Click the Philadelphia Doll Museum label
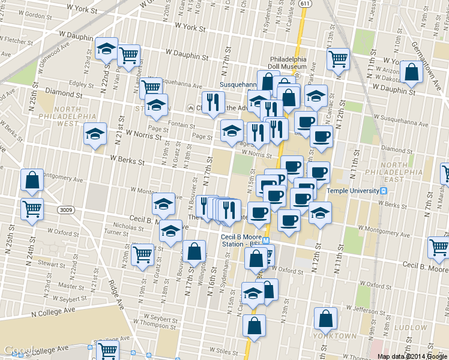pos(288,63)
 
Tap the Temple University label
pos(353,191)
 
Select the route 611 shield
pos(305,4)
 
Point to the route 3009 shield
pos(66,210)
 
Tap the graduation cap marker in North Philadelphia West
pos(95,134)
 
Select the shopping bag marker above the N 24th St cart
pos(32,180)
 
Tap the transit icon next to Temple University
pos(384,191)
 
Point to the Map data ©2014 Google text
pos(412,356)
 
